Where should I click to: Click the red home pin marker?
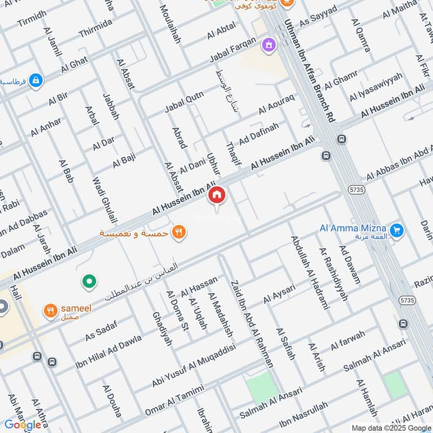click(x=217, y=195)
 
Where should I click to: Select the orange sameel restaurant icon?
click(x=51, y=310)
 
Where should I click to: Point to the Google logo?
click(x=23, y=425)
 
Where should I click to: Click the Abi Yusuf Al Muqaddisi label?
click(x=194, y=366)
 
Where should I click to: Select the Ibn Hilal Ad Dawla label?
click(x=109, y=348)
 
